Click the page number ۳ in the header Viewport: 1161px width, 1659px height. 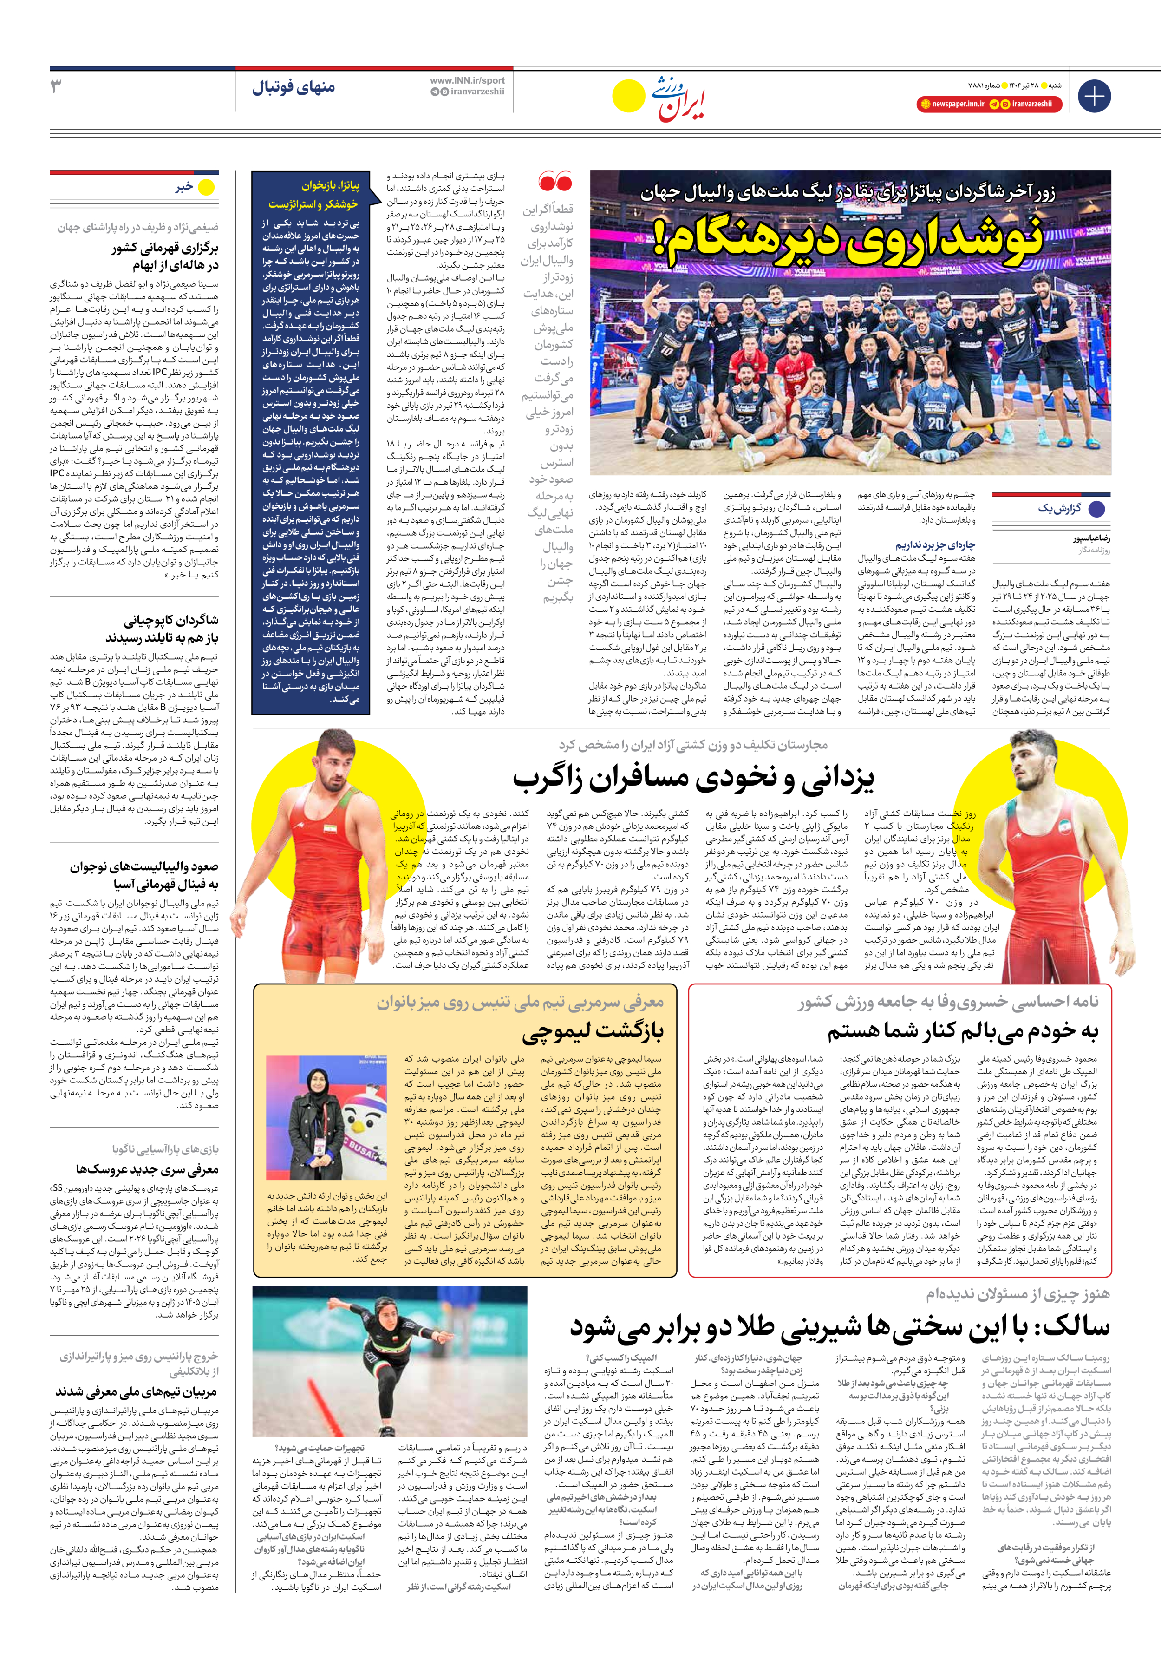[56, 87]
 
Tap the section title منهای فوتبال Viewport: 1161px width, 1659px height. [294, 88]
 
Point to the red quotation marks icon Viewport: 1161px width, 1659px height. [555, 181]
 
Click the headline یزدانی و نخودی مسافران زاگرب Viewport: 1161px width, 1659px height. [693, 778]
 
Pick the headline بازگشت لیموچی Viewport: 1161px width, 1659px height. [593, 1031]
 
